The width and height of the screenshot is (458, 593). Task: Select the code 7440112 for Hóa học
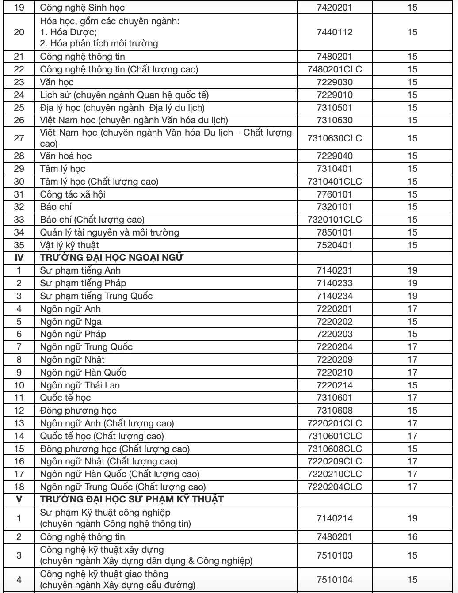335,32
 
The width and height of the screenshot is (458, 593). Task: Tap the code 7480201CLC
335,69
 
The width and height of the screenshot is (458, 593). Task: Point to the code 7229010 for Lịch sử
335,95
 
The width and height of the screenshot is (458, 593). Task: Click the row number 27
19,138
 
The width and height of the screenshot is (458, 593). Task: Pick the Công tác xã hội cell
73,194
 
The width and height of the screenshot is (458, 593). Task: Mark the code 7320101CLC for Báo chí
335,219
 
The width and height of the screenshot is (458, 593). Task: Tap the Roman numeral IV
19,258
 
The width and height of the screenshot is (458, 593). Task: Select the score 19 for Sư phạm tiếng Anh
412,270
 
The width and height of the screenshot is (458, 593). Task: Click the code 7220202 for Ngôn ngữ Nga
335,322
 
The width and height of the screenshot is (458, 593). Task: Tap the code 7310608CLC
335,449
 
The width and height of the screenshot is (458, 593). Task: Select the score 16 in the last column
412,537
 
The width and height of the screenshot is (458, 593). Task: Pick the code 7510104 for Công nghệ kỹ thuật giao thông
335,580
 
